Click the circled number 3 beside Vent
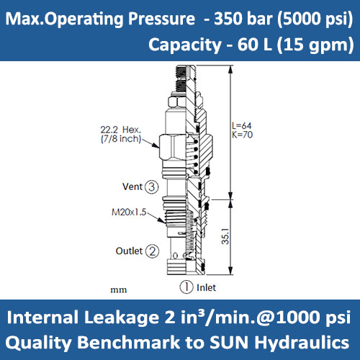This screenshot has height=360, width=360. (x=151, y=187)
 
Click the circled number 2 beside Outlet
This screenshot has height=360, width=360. (x=152, y=251)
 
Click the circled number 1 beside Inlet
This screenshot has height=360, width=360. (x=186, y=287)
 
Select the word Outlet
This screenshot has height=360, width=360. (x=129, y=251)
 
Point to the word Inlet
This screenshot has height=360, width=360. (x=205, y=287)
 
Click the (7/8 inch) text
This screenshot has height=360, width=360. (x=121, y=139)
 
